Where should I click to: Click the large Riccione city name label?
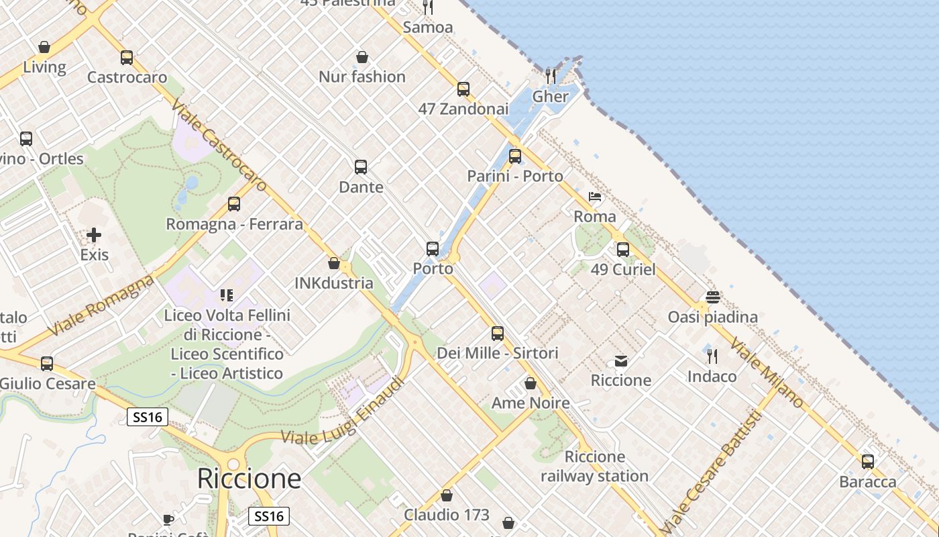click(x=249, y=479)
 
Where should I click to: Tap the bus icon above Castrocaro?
click(x=127, y=58)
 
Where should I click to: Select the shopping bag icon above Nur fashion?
click(x=362, y=57)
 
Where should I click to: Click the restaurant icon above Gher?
click(x=551, y=75)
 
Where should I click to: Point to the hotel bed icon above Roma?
click(x=595, y=197)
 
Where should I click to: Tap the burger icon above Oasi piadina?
click(x=712, y=297)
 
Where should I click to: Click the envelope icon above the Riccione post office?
click(x=621, y=361)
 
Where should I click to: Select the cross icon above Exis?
click(x=94, y=235)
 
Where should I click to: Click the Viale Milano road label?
click(x=767, y=373)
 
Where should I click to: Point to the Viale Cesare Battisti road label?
click(x=712, y=470)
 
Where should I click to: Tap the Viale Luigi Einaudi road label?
click(x=343, y=411)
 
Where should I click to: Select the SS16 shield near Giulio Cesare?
click(x=148, y=417)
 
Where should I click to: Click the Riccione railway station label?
click(x=594, y=467)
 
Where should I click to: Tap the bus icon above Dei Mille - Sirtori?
click(x=498, y=333)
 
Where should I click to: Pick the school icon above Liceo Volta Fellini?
click(x=227, y=295)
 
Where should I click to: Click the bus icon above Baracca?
click(x=868, y=462)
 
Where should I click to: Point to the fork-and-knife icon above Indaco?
click(x=712, y=356)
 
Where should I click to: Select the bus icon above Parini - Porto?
click(x=515, y=156)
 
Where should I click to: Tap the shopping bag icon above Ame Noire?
click(x=531, y=383)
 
